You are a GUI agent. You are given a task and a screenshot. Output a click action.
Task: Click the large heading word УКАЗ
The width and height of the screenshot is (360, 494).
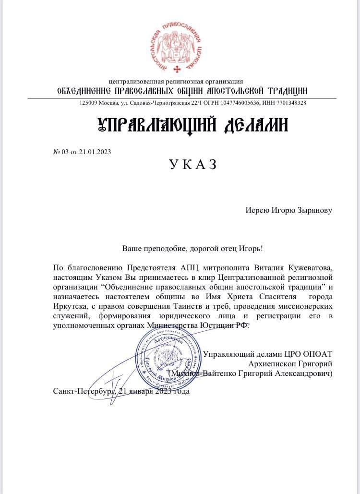193,165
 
